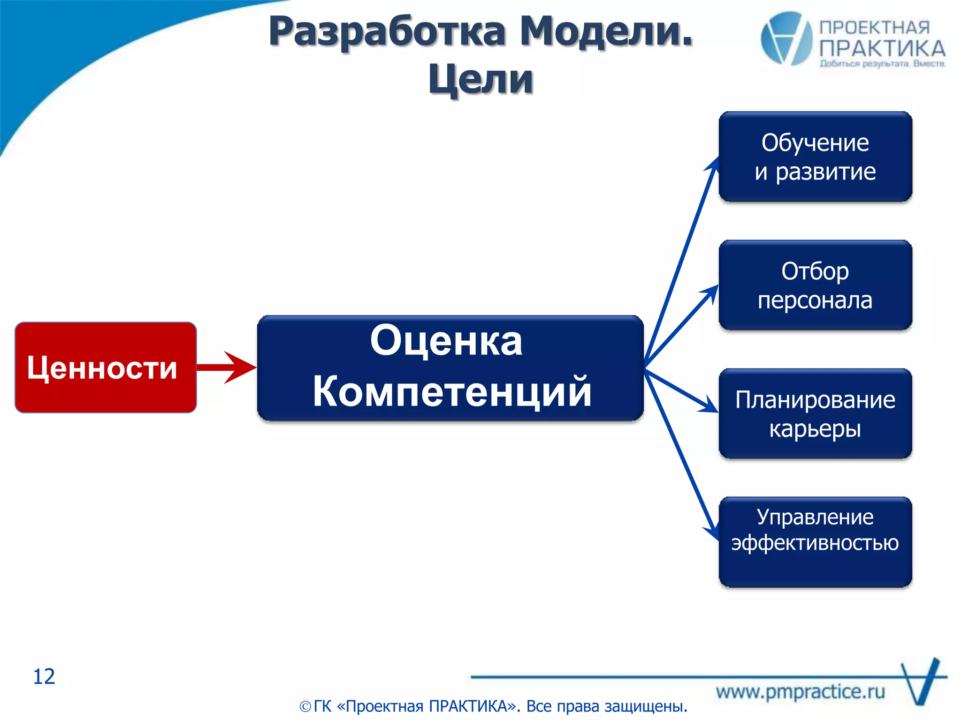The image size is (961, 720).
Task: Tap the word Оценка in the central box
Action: (446, 341)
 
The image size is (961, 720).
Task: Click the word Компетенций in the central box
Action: (451, 392)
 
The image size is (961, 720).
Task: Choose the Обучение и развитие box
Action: (815, 157)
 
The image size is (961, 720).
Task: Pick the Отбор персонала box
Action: (815, 285)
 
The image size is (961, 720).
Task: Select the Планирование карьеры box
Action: (815, 413)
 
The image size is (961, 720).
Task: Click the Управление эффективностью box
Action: (815, 542)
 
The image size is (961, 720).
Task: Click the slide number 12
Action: (44, 676)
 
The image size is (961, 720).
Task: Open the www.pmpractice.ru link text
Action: (800, 692)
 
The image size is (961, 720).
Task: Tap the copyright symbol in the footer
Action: (305, 706)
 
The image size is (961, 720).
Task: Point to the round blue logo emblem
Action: (786, 38)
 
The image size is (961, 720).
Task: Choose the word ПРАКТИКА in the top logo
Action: (882, 49)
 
